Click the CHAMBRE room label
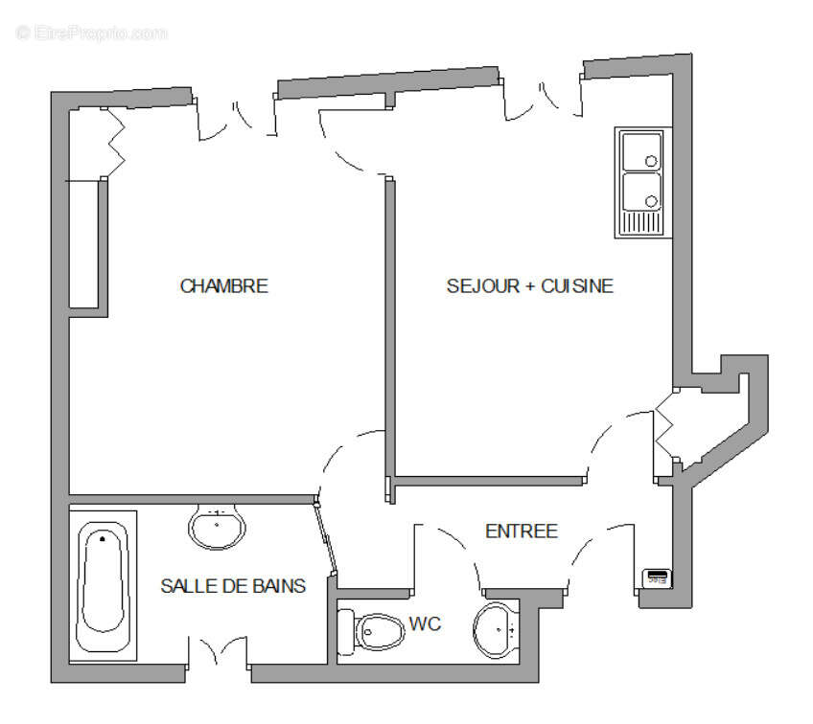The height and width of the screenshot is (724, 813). point(223,286)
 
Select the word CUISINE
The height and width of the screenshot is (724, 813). point(577,286)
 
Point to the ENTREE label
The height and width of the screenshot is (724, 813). point(522,532)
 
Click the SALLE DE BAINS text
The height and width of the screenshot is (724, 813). point(233,585)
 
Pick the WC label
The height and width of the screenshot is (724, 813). point(425,624)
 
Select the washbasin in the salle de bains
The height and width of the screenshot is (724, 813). point(218,525)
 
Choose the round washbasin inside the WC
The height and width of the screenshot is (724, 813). point(497,630)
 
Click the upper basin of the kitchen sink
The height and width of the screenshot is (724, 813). point(641,151)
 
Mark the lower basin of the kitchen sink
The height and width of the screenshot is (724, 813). point(641,192)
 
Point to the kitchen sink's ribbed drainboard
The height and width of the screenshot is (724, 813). point(641,223)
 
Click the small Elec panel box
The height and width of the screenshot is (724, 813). point(657,577)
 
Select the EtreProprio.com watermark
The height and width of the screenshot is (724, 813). point(92,33)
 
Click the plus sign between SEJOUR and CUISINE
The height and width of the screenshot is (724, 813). point(529,286)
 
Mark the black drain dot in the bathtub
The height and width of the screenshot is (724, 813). point(102,540)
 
